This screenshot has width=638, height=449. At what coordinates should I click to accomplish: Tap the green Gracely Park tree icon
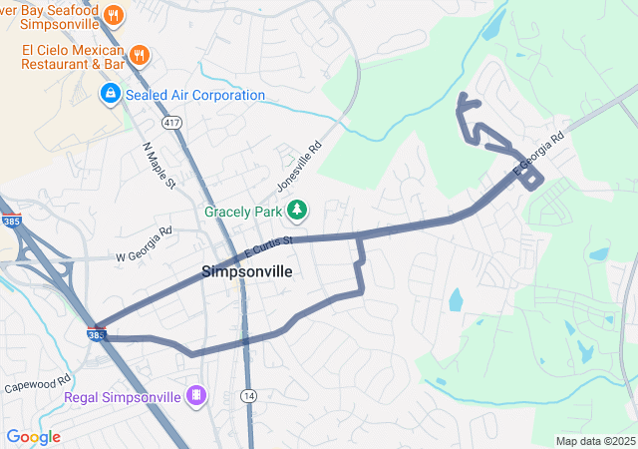pos(296,211)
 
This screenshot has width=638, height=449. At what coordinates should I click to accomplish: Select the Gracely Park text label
pos(243,212)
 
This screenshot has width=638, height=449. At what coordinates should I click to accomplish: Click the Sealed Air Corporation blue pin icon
pos(109,95)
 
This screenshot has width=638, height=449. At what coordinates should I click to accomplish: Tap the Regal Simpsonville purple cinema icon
pos(197,397)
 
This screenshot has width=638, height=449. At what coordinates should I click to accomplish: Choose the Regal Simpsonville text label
pos(123,397)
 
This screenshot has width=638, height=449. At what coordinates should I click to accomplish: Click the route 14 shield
pos(248,396)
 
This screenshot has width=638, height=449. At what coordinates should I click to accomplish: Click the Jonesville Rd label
pos(300,166)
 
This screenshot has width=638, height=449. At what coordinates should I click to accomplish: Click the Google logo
pos(33,437)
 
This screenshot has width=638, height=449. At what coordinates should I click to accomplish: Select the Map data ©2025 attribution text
pos(595,441)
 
